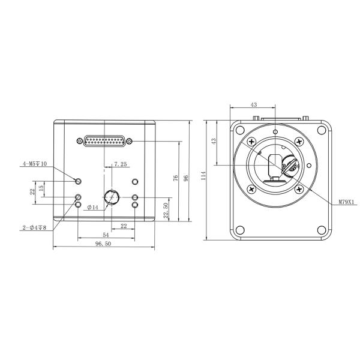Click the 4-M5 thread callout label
tap(35, 164)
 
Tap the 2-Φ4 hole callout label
tap(34, 227)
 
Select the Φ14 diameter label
tap(93, 208)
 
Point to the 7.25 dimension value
tap(121, 164)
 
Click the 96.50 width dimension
tap(103, 244)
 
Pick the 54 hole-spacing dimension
tap(106, 235)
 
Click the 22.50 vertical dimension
tap(166, 211)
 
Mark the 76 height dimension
tap(175, 178)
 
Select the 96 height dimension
tap(186, 178)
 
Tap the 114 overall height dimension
tap(203, 176)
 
